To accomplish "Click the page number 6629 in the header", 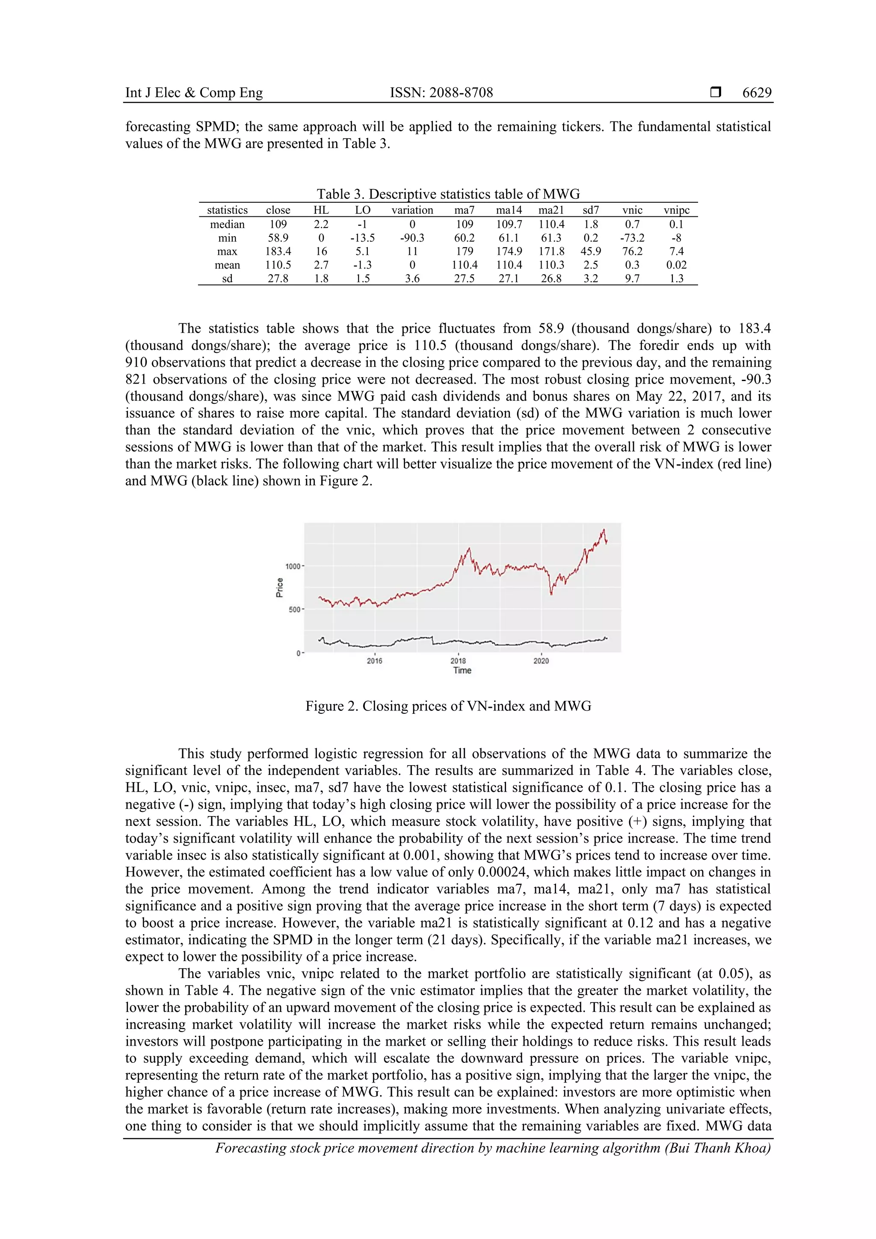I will (x=756, y=93).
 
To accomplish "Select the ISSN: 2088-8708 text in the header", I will (x=441, y=93).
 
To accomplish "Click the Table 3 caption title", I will (x=447, y=194).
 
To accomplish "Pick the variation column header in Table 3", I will (x=412, y=210).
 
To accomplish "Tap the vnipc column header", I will (x=676, y=210).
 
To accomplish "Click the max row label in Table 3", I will (x=227, y=251).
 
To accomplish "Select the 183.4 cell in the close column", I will (x=278, y=251).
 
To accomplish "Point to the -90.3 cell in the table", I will (x=412, y=238).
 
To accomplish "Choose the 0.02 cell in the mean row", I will (x=676, y=265).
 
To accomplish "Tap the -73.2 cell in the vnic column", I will (x=632, y=238).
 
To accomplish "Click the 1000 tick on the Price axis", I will (x=293, y=566).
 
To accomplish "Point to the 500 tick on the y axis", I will (x=294, y=610).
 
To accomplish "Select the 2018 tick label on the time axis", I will (x=458, y=660).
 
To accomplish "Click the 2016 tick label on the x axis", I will (x=375, y=660).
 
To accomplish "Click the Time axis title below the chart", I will (x=462, y=671).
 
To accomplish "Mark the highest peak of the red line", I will (x=604, y=530).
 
